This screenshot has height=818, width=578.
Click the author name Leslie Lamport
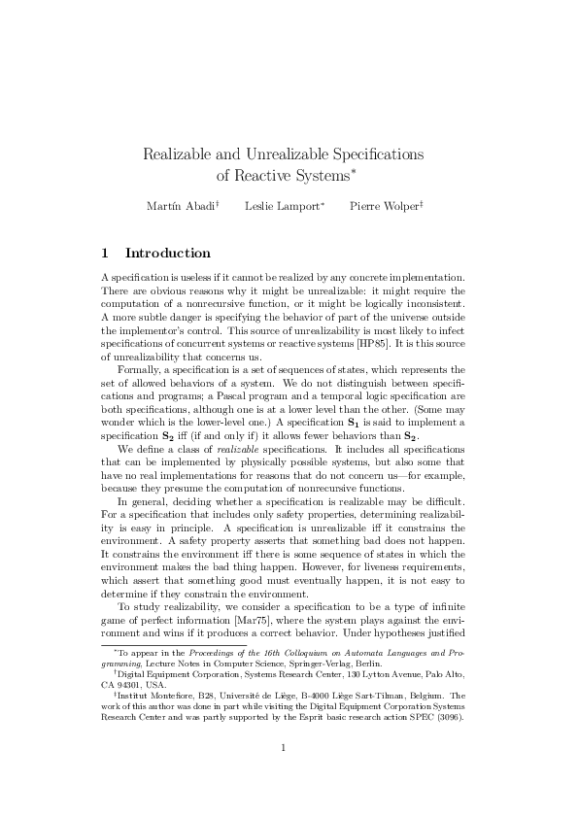pos(283,207)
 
